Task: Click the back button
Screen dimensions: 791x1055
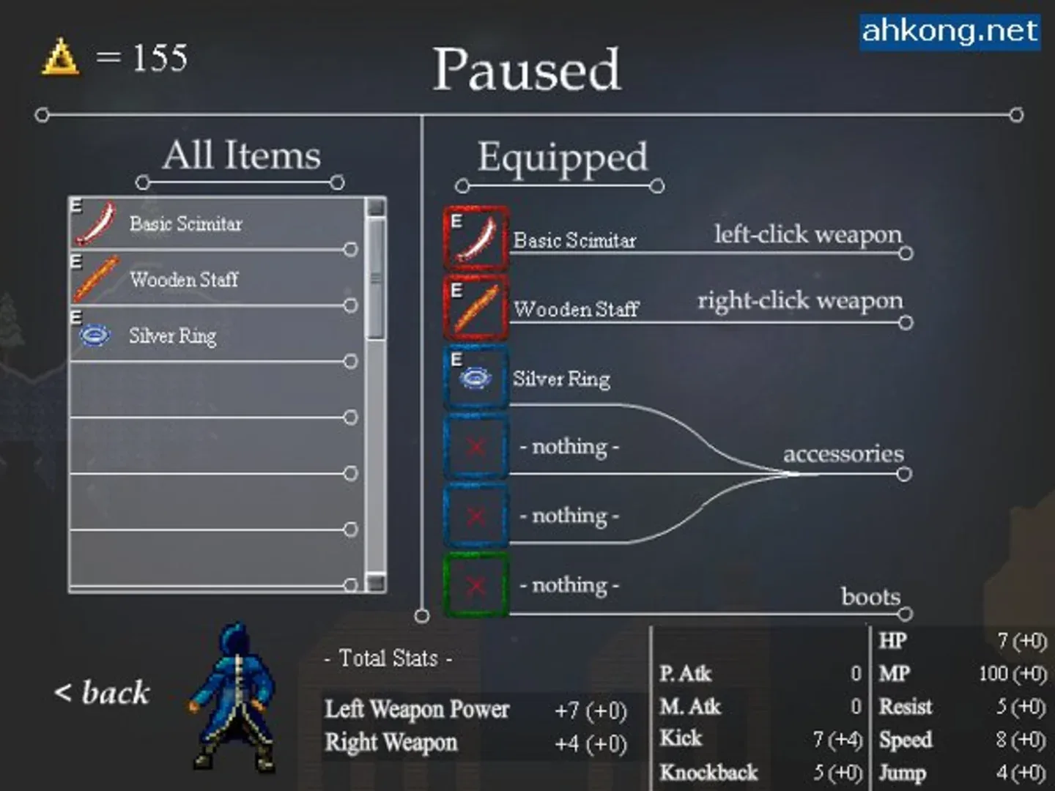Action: click(x=102, y=692)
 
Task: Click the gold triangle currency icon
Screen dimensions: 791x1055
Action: click(x=60, y=58)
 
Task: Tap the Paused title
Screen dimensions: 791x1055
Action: click(x=526, y=70)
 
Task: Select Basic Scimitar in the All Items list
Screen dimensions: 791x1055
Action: click(x=185, y=223)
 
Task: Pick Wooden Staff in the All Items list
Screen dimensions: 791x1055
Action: click(x=183, y=279)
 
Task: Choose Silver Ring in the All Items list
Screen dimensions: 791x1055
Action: click(x=172, y=335)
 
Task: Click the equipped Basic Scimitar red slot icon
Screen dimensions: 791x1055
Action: click(x=476, y=239)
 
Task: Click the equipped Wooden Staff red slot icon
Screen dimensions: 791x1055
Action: click(x=476, y=307)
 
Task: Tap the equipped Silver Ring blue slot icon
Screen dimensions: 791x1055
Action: click(x=476, y=377)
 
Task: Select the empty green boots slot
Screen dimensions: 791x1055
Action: click(x=476, y=585)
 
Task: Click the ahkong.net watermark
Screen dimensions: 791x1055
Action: click(x=949, y=31)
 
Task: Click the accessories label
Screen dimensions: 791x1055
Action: click(x=843, y=454)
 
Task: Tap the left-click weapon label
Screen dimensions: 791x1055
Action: click(x=808, y=234)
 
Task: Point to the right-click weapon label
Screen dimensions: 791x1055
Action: click(x=800, y=300)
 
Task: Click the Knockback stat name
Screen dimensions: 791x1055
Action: click(x=708, y=773)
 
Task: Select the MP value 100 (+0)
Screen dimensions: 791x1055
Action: click(x=1013, y=674)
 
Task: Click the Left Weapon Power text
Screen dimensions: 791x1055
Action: click(x=417, y=709)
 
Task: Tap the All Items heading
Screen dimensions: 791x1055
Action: click(x=242, y=155)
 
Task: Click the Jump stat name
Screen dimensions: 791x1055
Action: click(x=903, y=773)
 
